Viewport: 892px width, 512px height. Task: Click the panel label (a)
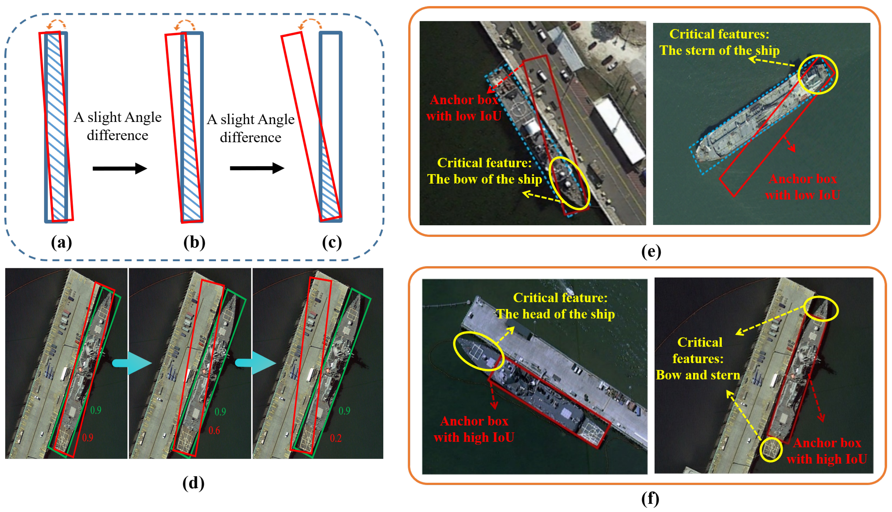(x=61, y=243)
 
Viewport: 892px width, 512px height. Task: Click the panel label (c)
(x=332, y=243)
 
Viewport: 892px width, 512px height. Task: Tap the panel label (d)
(x=193, y=484)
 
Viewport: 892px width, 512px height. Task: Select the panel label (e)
(x=651, y=252)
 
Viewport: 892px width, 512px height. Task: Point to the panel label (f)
(x=650, y=499)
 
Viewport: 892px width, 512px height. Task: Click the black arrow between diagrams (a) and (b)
(x=120, y=169)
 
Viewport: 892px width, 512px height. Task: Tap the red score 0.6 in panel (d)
(x=214, y=430)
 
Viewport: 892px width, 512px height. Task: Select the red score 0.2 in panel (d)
(x=335, y=438)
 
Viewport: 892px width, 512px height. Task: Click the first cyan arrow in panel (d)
(x=132, y=363)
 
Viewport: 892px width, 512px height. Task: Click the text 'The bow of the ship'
(x=484, y=179)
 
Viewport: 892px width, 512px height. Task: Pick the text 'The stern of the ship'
(x=719, y=51)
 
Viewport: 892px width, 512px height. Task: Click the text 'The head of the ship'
(x=555, y=314)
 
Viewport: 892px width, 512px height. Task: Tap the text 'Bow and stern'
(x=698, y=375)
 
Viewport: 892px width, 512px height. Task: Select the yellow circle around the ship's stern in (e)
(x=818, y=74)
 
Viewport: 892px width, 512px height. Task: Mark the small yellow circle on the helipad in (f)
(x=771, y=449)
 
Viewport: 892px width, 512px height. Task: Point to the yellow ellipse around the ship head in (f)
(x=478, y=351)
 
